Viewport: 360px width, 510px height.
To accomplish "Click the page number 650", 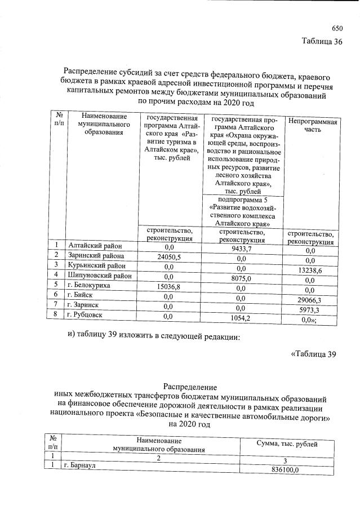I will pyautogui.click(x=337, y=28).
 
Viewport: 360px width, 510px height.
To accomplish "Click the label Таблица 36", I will pyautogui.click(x=322, y=42).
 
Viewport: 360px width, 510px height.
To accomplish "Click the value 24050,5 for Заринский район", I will pyautogui.click(x=168, y=257).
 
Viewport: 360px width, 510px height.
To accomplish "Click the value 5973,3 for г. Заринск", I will pyautogui.click(x=309, y=311).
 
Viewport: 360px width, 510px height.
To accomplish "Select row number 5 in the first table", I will pyautogui.click(x=56, y=285).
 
